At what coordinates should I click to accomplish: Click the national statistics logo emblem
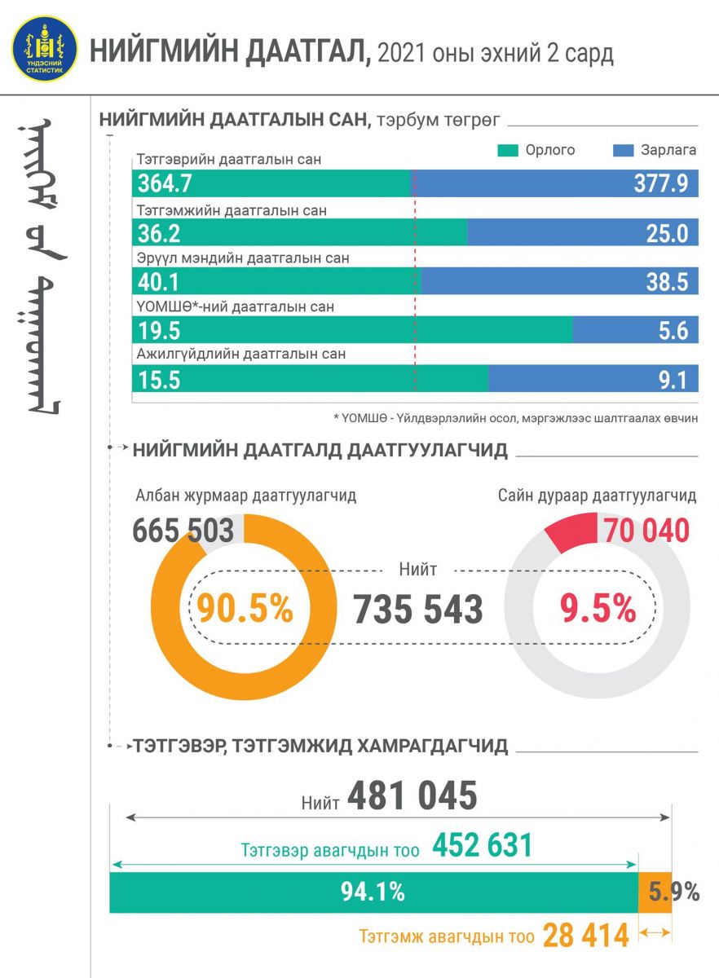point(46,49)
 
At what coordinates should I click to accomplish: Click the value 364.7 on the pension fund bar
point(165,184)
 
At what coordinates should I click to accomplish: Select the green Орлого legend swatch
point(507,151)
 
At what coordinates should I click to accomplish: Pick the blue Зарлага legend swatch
point(622,151)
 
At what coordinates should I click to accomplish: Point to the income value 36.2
point(159,234)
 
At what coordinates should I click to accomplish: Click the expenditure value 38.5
point(665,282)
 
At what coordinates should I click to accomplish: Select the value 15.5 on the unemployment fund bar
point(158,379)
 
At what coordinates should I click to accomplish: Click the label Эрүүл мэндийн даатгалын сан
point(243,258)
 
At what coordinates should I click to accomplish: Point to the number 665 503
point(183,530)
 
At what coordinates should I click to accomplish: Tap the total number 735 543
point(417,609)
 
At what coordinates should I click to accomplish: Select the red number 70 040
point(646,531)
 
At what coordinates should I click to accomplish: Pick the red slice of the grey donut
point(571,533)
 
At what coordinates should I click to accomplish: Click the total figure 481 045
point(412,797)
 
